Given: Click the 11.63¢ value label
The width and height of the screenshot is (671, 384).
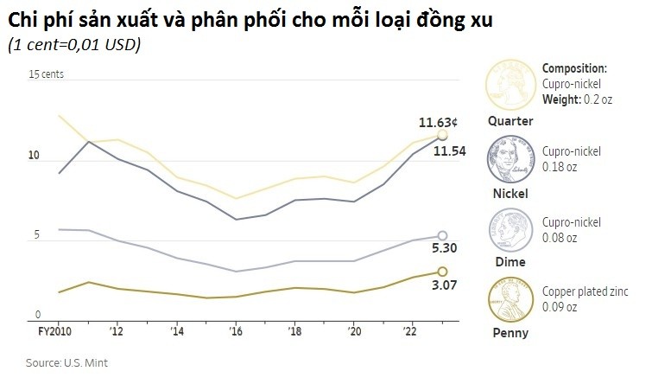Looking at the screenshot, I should coord(439,122).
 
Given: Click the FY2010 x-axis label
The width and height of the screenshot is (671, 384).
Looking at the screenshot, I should coord(54,331).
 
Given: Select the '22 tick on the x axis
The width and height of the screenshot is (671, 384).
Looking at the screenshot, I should coord(410,331).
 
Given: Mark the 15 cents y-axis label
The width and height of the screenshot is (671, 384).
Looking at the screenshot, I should coord(47,75).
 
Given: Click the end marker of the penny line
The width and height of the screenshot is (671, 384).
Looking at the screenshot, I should coord(442,272).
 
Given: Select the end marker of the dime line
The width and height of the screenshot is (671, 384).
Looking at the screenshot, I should coord(442,235).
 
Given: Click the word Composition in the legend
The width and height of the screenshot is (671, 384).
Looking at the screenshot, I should coord(574,68).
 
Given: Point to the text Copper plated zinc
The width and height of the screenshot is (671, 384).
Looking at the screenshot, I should coord(586,291).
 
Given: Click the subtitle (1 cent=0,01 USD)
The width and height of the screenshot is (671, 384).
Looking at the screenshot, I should coord(73,45).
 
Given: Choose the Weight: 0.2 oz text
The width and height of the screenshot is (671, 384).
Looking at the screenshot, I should coord(577,99).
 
